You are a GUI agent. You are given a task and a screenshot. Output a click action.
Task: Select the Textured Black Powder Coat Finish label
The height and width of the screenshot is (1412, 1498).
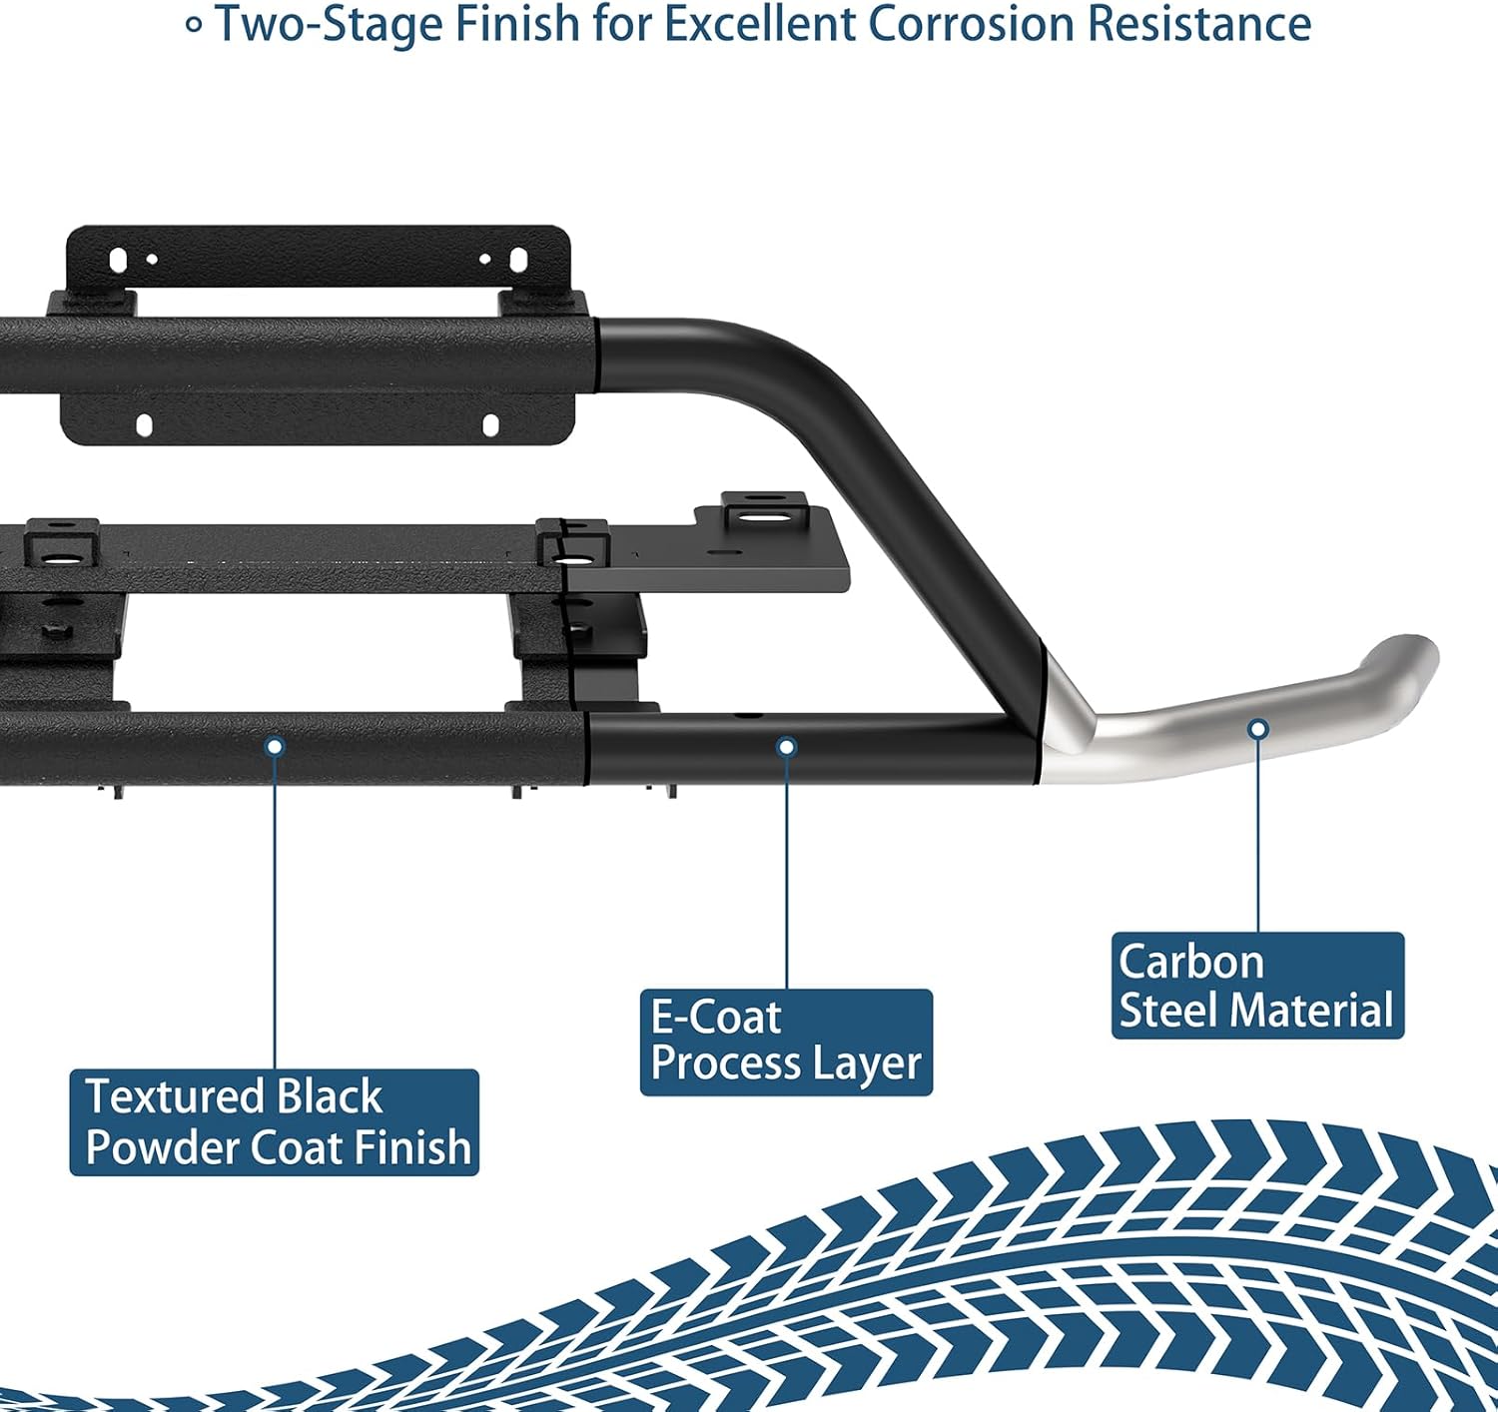(275, 1122)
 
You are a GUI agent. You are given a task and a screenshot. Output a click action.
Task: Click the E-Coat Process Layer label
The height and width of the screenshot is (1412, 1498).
(786, 1042)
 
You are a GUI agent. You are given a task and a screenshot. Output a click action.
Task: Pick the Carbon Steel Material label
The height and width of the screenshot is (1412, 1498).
(1257, 986)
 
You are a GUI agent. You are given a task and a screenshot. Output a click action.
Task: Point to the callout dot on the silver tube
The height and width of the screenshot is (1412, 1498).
(1258, 730)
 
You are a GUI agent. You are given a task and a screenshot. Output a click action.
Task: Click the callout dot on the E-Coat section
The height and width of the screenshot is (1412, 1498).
(787, 747)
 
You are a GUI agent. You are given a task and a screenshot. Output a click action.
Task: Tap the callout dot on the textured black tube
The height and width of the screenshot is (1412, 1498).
(276, 746)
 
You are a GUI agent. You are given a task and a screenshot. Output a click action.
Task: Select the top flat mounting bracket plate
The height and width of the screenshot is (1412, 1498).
(318, 259)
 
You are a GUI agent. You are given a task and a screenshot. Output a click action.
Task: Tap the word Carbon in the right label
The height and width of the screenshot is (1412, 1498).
(1191, 962)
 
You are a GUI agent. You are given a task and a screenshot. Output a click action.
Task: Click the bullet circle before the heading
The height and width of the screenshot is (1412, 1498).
(195, 26)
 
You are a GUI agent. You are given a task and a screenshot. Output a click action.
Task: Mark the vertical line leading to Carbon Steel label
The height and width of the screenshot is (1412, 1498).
(1258, 839)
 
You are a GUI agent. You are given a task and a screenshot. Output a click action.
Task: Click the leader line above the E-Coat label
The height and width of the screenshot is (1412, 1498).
(787, 869)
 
